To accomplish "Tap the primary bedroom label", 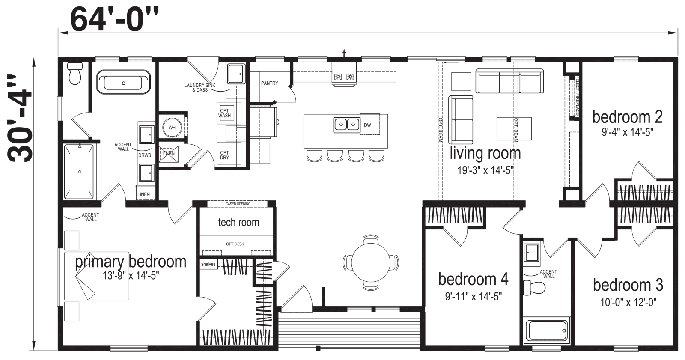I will (x=131, y=261).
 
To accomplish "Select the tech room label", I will (x=238, y=222).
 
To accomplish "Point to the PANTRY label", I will (x=270, y=83).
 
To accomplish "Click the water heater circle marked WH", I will (x=172, y=128).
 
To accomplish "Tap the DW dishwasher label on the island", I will (x=367, y=125).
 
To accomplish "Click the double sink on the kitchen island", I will (x=346, y=125).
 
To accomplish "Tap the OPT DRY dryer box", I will (x=224, y=155).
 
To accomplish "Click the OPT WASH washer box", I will (x=224, y=113).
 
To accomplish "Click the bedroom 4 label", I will (x=473, y=279).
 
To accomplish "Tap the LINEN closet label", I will (x=143, y=194).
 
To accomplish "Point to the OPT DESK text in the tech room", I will (x=235, y=244).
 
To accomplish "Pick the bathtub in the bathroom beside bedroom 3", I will (x=547, y=330).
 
